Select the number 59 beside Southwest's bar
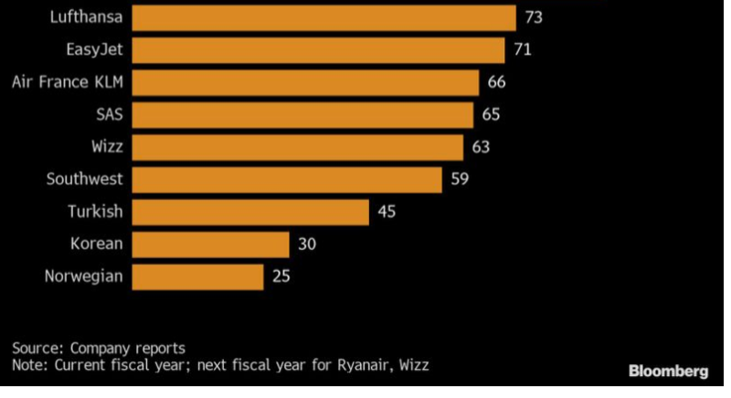pyautogui.click(x=460, y=180)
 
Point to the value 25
pyautogui.click(x=281, y=277)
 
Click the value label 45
pyautogui.click(x=386, y=212)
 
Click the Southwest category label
pyautogui.click(x=84, y=180)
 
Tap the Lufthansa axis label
pyautogui.click(x=80, y=17)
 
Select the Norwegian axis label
pyautogui.click(x=83, y=277)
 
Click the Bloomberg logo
pyautogui.click(x=668, y=372)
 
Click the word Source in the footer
pyautogui.click(x=36, y=348)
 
